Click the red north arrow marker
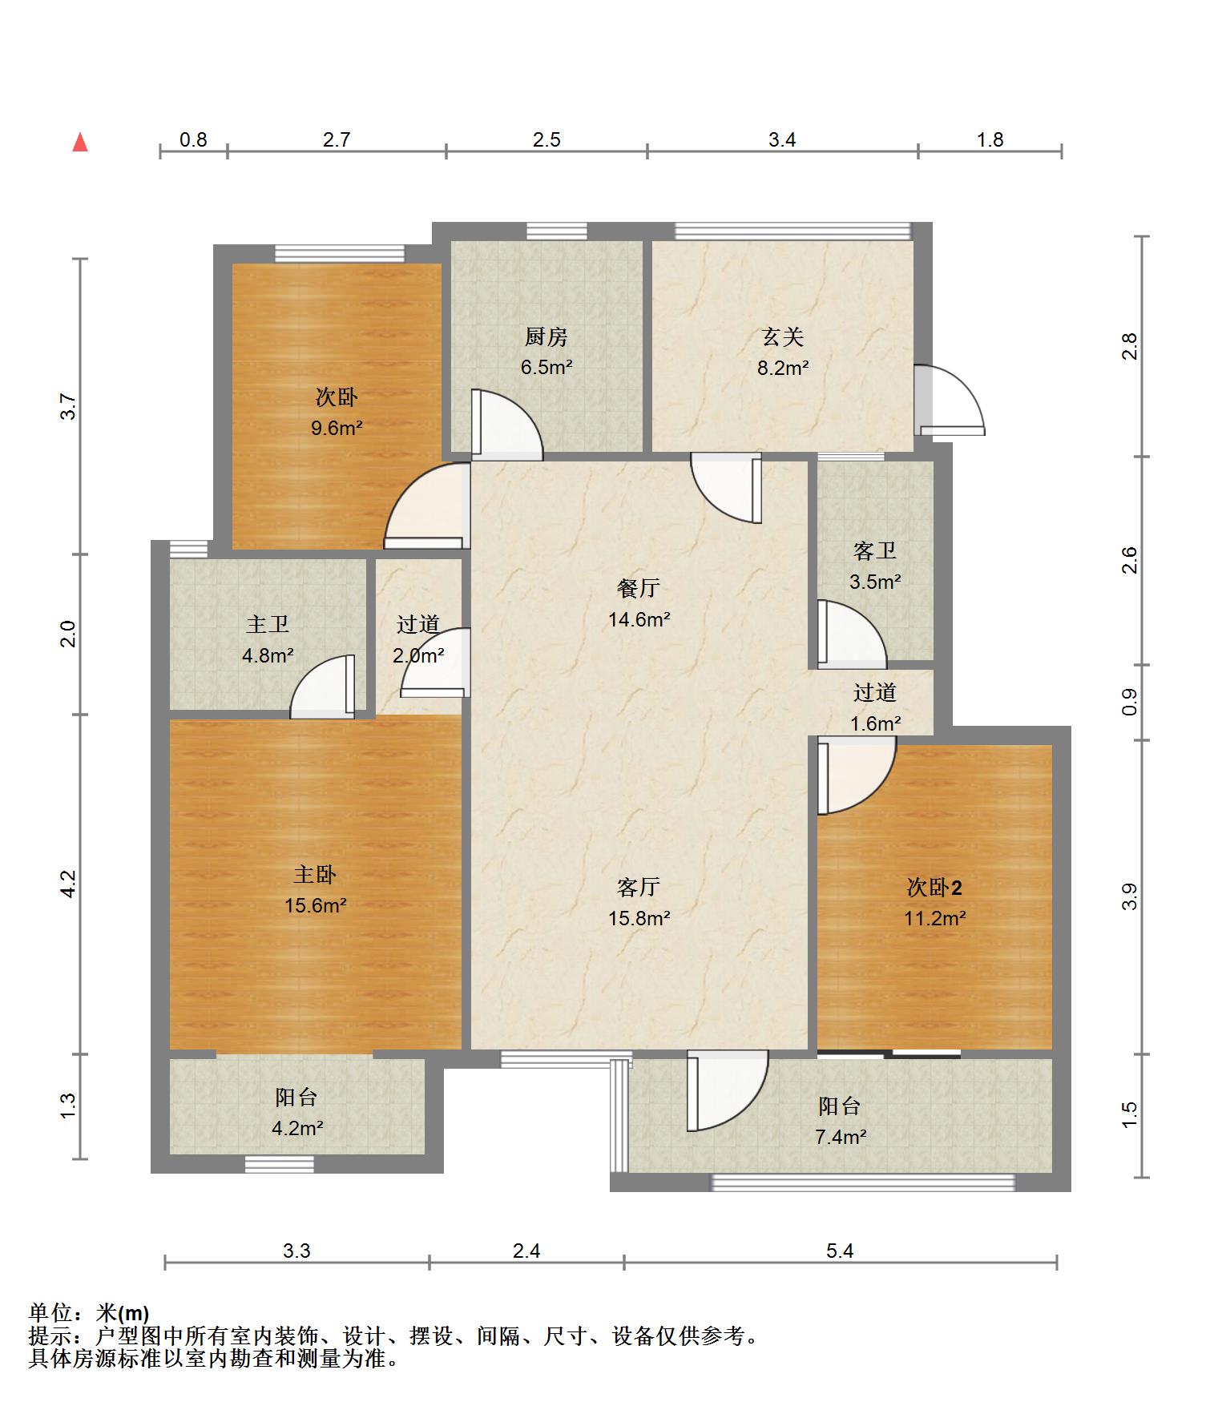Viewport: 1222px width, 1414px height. coord(80,143)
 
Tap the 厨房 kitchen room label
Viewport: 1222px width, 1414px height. coord(546,337)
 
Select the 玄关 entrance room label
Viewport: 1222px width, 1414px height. coord(783,337)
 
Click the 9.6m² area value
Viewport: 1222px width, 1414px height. coord(337,428)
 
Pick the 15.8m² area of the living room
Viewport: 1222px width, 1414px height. coord(639,918)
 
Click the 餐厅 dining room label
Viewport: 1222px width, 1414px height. coord(639,588)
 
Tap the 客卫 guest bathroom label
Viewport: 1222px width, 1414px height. coord(875,551)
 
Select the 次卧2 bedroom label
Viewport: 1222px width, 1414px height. coord(934,887)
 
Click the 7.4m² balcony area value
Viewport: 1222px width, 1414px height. coord(841,1137)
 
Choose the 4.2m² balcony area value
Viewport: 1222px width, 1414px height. coord(296,1128)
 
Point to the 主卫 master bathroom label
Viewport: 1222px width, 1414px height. coord(268,624)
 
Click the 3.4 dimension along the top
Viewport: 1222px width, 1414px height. coord(782,140)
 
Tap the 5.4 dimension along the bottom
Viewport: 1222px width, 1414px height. coord(840,1251)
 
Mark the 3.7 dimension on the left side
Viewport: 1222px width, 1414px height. coord(69,406)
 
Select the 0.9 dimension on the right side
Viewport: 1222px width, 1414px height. coord(1130,703)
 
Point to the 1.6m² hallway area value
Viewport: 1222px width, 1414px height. coord(875,723)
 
